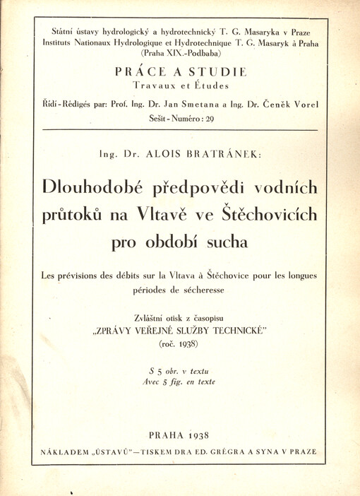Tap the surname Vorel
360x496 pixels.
point(304,105)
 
